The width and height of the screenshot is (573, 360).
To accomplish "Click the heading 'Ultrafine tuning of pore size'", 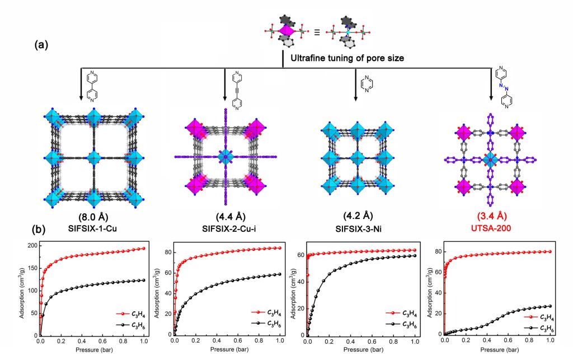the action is coord(347,58).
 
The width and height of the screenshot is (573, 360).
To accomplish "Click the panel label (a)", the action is coord(41,45).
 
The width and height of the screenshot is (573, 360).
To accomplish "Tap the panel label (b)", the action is coord(39,230).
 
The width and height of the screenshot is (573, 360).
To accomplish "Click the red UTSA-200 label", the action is coord(491,228).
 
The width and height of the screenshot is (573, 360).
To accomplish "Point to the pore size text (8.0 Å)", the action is coord(93,217).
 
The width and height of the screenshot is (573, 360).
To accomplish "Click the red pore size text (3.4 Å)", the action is coord(491,216).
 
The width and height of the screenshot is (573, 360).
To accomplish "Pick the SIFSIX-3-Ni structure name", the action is coord(359,229).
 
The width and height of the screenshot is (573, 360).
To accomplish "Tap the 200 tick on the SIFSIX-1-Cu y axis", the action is coord(33,246).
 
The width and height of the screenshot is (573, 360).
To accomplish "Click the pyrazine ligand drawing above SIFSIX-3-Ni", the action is coord(367,84).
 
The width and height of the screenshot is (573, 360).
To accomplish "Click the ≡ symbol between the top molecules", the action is coord(317,32).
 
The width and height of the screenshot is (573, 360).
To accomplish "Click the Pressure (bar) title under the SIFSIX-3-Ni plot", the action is coord(364,349).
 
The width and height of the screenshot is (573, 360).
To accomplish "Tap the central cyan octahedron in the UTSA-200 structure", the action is coord(491,160).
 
